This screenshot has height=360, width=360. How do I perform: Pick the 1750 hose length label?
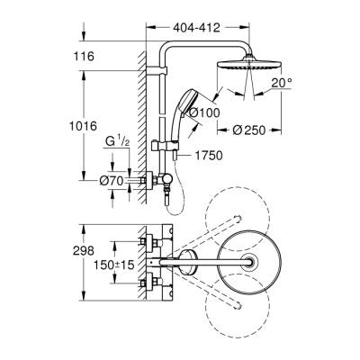pyautogui.click(x=208, y=155)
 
